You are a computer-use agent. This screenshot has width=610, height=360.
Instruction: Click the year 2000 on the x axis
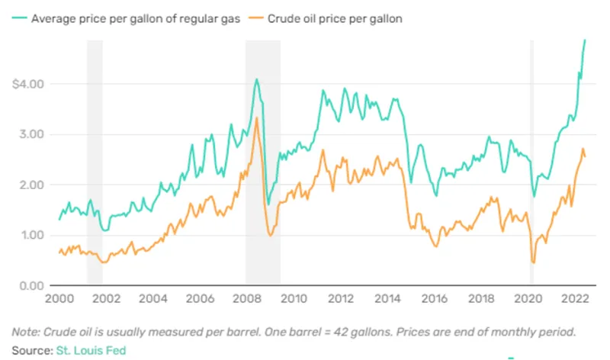click(x=59, y=301)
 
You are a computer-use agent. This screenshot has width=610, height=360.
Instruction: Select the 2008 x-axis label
click(x=246, y=301)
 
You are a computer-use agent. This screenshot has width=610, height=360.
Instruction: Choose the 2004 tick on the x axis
click(x=152, y=301)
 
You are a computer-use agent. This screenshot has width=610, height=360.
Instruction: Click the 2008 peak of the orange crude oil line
click(x=256, y=118)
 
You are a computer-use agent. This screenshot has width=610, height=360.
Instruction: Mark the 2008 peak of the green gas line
click(x=256, y=79)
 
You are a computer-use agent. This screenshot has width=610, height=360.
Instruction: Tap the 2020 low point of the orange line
click(x=533, y=262)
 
